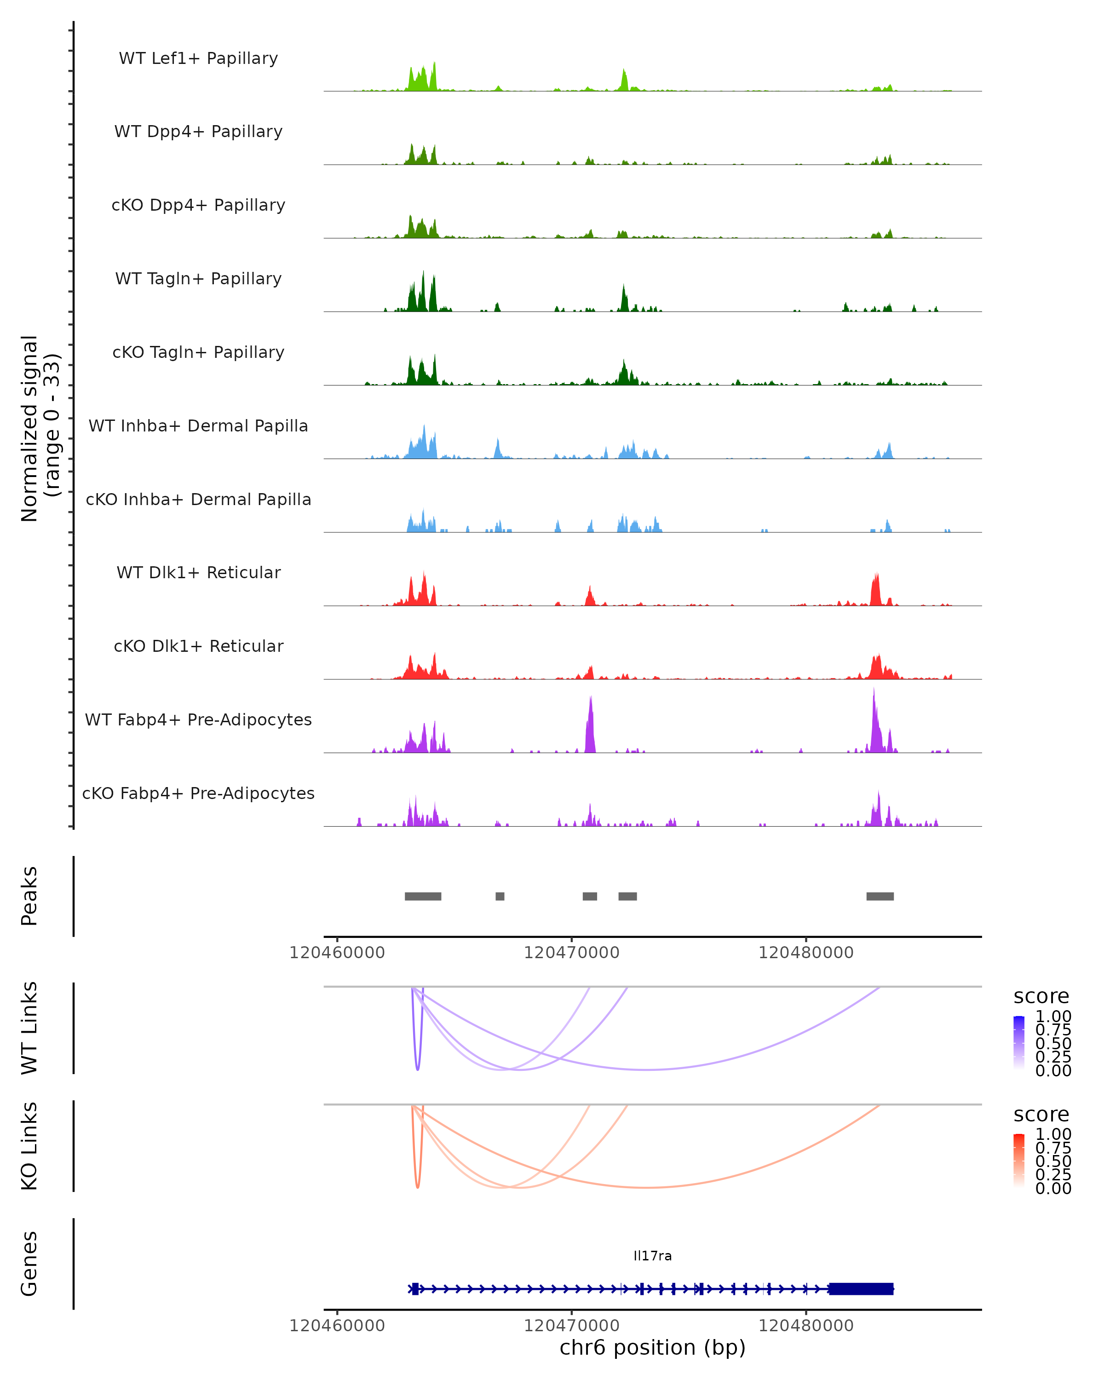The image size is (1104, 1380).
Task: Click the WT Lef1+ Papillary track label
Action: [198, 58]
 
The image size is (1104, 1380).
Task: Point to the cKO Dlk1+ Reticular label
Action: [198, 646]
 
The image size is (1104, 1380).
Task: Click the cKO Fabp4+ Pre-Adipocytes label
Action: [198, 793]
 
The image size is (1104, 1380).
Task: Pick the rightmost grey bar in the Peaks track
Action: [880, 896]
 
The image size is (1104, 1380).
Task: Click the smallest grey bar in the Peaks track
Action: [500, 896]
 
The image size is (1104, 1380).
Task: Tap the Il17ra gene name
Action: [652, 1256]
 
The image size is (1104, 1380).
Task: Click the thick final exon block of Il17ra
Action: [861, 1288]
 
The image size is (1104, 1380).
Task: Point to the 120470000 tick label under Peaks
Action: [571, 953]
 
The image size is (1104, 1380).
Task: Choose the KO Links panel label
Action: [29, 1146]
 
